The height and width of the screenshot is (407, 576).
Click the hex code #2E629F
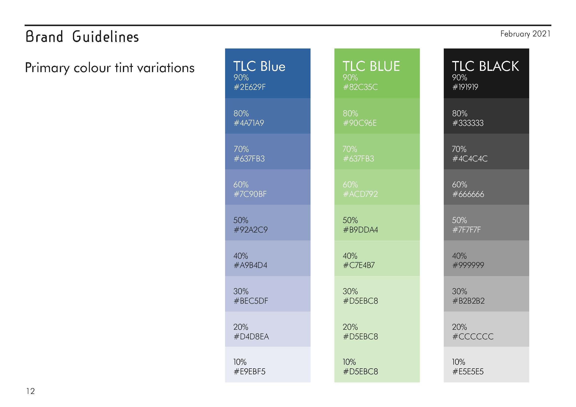coord(249,87)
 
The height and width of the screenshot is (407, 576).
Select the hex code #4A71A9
coord(249,123)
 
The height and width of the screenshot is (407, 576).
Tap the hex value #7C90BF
coord(250,194)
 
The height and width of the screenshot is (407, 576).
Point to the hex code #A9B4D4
coord(250,265)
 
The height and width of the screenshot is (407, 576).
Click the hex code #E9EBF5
coord(249,371)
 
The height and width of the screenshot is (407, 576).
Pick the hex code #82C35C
coord(360,87)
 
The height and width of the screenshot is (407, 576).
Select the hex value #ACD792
coord(360,194)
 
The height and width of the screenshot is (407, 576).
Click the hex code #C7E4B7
coord(359,265)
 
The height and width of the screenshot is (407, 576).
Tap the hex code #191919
coord(465,87)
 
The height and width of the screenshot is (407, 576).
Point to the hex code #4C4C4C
coord(470,158)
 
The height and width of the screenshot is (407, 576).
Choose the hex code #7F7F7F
coord(467,230)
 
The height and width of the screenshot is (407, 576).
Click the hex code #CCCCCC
coord(473,336)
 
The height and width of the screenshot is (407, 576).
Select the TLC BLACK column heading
coord(485,66)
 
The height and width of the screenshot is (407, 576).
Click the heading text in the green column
coord(371,66)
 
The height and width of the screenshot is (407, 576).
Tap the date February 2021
coord(525,34)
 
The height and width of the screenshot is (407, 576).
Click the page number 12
coord(30,391)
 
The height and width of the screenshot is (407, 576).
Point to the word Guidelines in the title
coord(105,37)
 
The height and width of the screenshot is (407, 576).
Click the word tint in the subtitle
coord(124,68)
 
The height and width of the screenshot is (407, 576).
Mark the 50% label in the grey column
coord(459,220)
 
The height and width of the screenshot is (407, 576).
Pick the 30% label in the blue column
coord(241,291)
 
